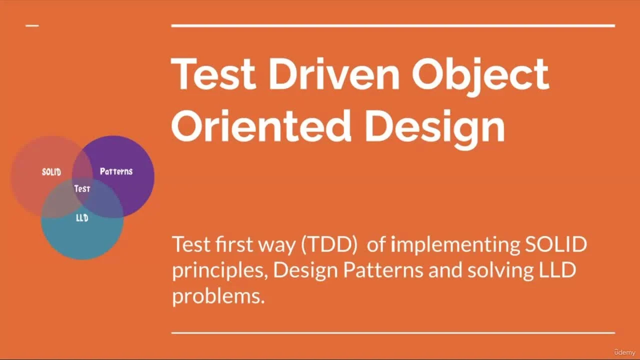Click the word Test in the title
[x=213, y=74]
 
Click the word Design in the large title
[x=434, y=126]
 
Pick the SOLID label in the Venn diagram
[x=51, y=172]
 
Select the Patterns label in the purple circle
[x=116, y=171]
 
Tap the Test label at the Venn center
[x=82, y=188]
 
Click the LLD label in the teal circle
[x=82, y=218]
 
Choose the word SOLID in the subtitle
[x=555, y=244]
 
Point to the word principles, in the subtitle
[x=220, y=271]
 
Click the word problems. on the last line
[x=218, y=296]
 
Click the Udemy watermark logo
[x=624, y=352]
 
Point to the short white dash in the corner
[x=32, y=25]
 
